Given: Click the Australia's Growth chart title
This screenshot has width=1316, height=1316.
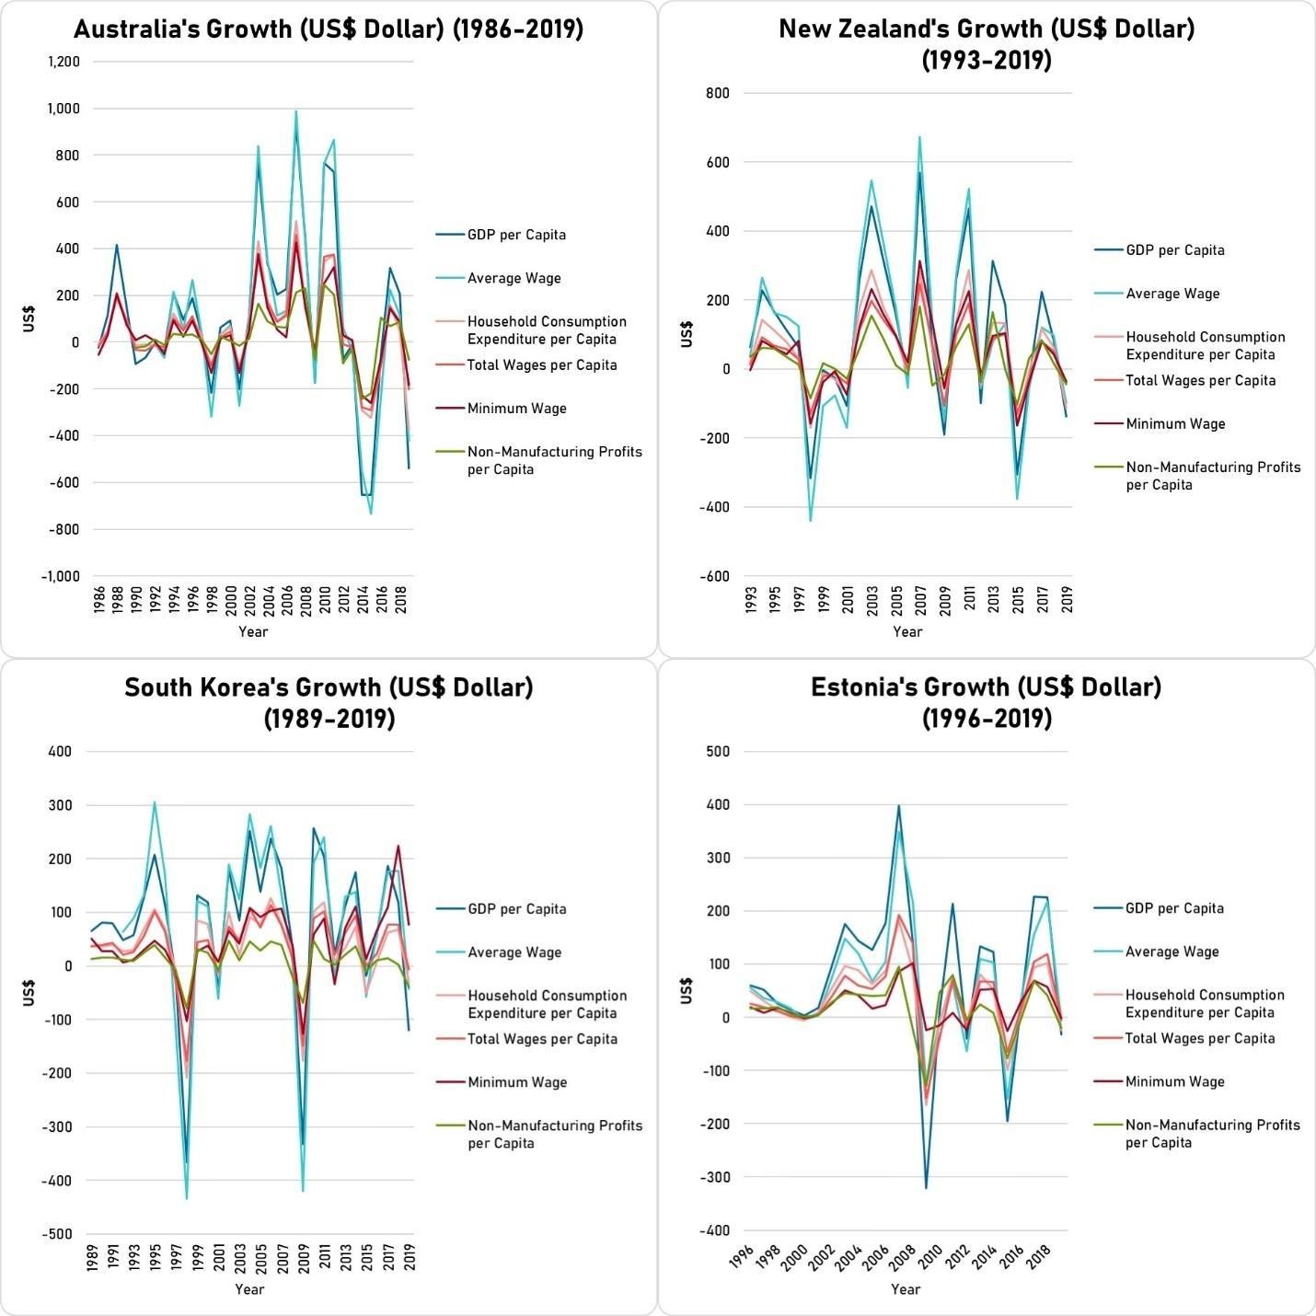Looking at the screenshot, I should pyautogui.click(x=329, y=29).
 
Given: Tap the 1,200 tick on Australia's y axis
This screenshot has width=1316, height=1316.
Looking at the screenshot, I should pyautogui.click(x=63, y=63).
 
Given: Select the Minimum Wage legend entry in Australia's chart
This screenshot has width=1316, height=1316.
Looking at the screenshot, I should pyautogui.click(x=516, y=409).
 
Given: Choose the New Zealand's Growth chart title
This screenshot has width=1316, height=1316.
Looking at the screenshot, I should pyautogui.click(x=987, y=44).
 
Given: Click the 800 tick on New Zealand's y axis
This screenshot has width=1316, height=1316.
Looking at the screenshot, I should pyautogui.click(x=718, y=93).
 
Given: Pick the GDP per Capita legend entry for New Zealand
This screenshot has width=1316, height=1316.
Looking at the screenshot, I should pyautogui.click(x=1174, y=250).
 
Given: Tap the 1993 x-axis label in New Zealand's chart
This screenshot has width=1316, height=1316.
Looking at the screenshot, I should pyautogui.click(x=752, y=599).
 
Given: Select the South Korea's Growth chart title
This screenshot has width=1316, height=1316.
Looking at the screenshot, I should pyautogui.click(x=329, y=702).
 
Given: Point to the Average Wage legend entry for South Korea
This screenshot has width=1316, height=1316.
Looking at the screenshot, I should pyautogui.click(x=514, y=952).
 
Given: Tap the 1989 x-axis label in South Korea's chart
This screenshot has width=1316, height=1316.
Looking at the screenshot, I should pyautogui.click(x=93, y=1258).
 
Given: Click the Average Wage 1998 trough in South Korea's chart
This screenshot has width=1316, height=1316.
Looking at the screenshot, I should pyautogui.click(x=187, y=1198).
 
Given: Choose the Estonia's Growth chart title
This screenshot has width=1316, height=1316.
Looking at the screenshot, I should pyautogui.click(x=987, y=702).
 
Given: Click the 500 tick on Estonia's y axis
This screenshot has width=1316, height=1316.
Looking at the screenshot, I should pyautogui.click(x=718, y=752).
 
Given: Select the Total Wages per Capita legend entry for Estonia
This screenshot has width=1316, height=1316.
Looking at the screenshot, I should pyautogui.click(x=1199, y=1038).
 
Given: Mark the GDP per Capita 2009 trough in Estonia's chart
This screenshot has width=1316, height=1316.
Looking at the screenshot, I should pyautogui.click(x=926, y=1188).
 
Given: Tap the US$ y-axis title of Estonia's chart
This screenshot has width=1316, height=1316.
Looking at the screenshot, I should pyautogui.click(x=686, y=991).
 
